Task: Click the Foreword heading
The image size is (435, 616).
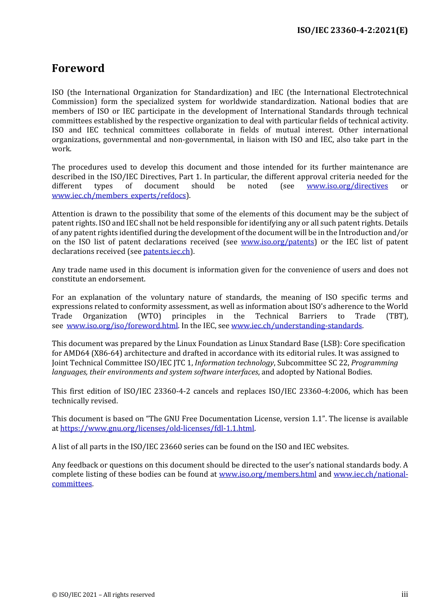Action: point(78,68)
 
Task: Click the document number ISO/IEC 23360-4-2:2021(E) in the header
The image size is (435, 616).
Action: point(352,30)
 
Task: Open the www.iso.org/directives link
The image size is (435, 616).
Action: point(347,186)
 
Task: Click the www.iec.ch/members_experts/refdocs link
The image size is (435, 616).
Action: point(119,196)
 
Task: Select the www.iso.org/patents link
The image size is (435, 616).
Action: point(277,242)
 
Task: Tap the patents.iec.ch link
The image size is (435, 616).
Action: point(167,252)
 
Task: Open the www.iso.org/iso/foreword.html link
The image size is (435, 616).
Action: point(122,326)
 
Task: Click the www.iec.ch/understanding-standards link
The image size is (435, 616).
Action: point(296,326)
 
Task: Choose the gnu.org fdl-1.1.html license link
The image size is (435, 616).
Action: point(157,429)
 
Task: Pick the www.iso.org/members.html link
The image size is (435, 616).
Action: point(267,474)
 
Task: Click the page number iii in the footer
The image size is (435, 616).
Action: point(404,594)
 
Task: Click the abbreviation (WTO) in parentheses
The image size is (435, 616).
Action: point(150,316)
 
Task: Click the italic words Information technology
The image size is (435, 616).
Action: point(234,363)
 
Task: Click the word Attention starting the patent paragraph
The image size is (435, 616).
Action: point(69,214)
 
